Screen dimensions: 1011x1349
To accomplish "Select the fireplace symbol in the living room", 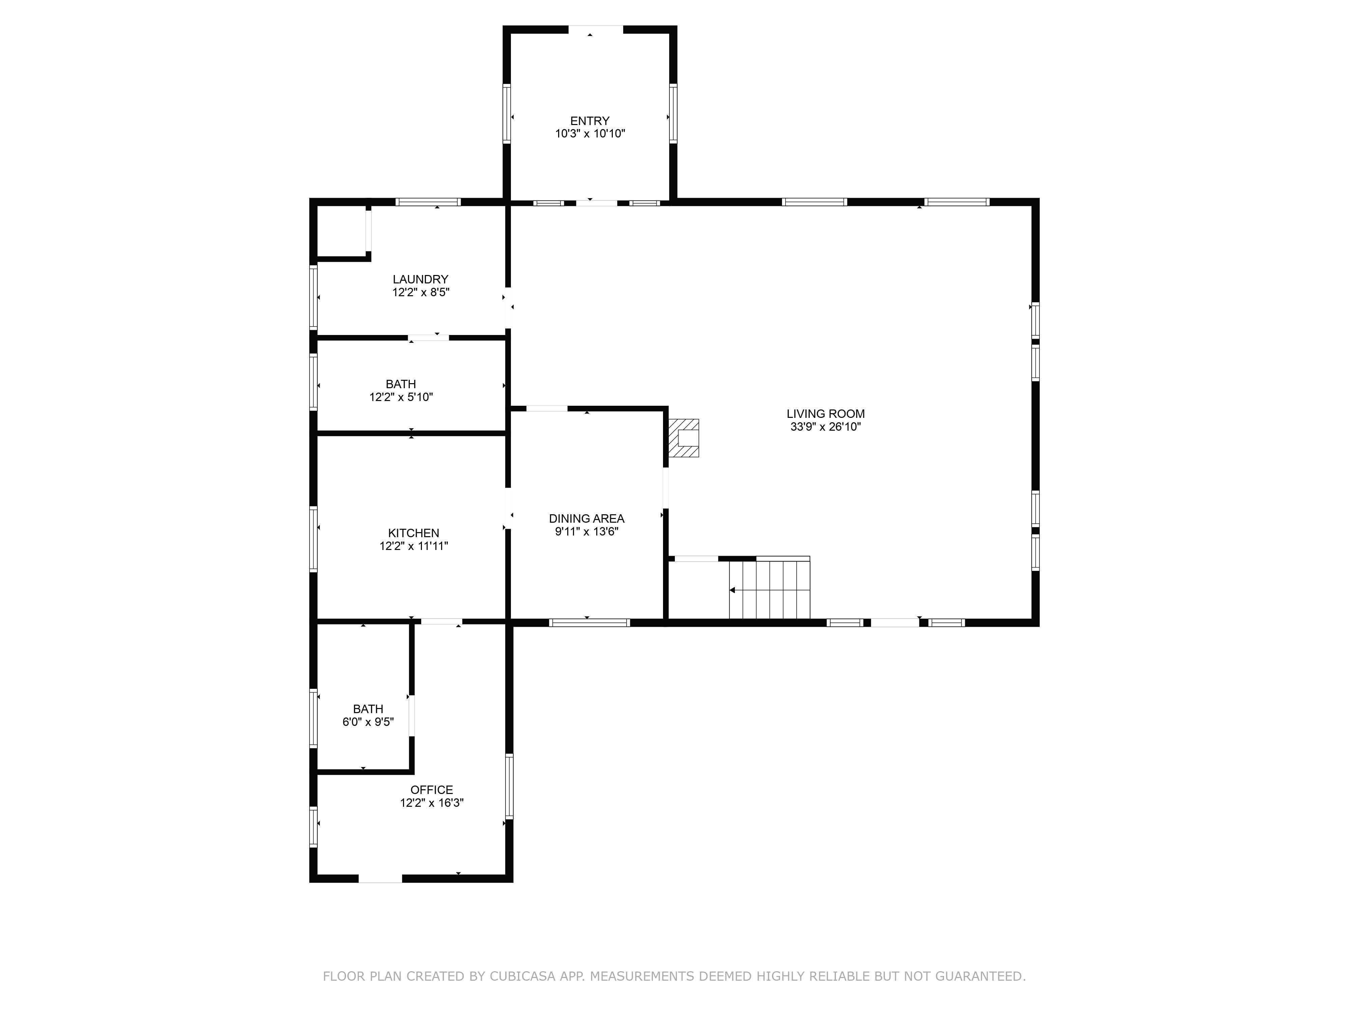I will pyautogui.click(x=684, y=437).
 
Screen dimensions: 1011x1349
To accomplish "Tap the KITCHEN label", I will pyautogui.click(x=413, y=532).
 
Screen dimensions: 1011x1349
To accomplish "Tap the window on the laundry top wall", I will pyautogui.click(x=428, y=202).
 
